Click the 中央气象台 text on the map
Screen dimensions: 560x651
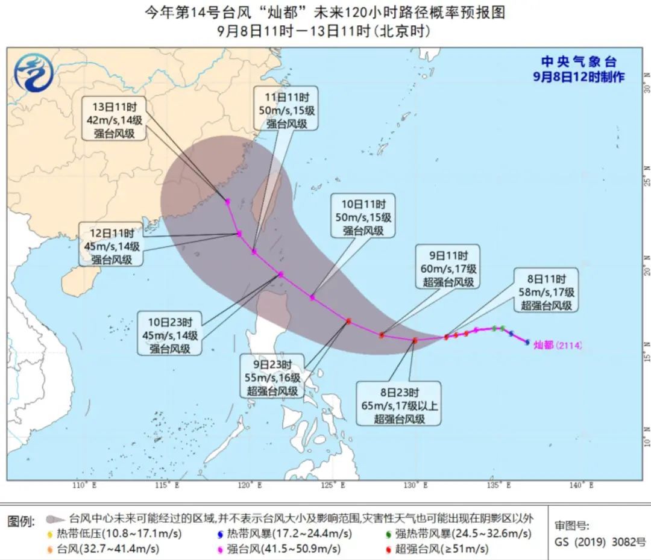[578, 62]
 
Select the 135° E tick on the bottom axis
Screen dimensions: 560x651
[496, 485]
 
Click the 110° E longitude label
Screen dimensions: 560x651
[83, 485]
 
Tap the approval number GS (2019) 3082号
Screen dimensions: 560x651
[600, 541]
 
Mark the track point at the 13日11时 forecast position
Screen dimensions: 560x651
[228, 202]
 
